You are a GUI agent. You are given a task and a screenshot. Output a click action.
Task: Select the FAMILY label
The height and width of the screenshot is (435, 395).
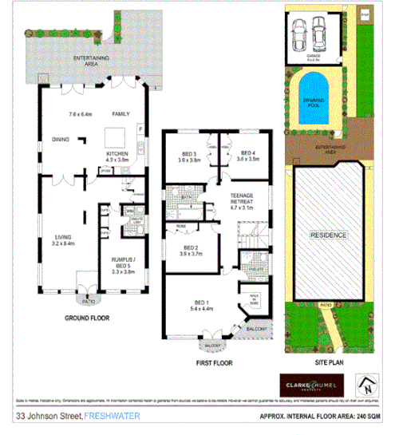(121, 114)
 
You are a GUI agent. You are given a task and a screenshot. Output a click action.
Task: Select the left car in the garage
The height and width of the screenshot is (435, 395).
(299, 35)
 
